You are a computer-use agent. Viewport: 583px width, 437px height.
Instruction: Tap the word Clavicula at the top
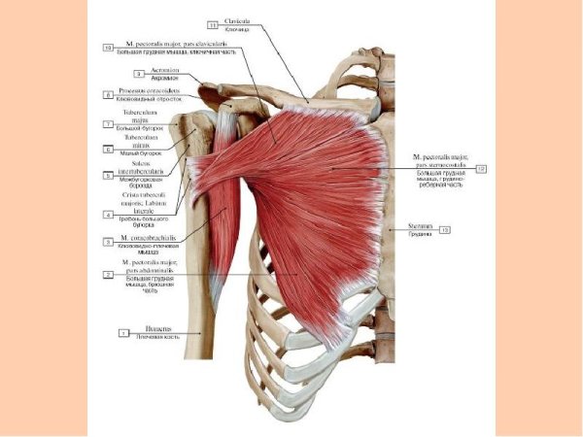[238, 20]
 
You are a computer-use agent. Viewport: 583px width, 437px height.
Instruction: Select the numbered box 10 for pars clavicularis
[108, 47]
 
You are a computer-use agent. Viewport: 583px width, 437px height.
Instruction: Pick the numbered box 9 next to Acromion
[139, 73]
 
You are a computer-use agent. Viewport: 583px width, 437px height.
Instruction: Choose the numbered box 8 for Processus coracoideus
[108, 95]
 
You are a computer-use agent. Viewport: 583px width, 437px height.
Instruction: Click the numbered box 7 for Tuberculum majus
[108, 124]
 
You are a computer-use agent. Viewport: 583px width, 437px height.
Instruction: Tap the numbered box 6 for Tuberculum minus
[108, 150]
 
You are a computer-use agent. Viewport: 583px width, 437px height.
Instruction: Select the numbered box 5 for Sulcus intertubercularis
[108, 176]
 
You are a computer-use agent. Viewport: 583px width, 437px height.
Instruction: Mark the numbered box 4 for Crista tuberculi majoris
[108, 214]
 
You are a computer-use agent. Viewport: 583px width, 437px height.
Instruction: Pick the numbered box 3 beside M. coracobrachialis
[108, 240]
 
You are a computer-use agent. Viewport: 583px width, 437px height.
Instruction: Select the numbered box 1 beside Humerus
[123, 333]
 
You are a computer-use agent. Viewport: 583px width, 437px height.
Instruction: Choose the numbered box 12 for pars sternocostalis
[480, 168]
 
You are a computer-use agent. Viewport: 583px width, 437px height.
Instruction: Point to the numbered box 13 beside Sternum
[444, 230]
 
